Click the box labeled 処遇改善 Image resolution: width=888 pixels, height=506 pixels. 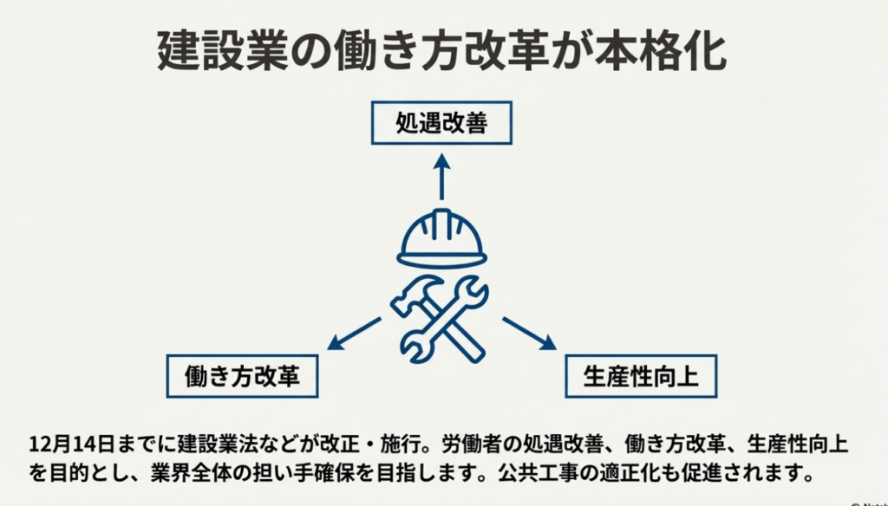[441, 123]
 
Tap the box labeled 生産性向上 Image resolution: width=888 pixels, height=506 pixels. [641, 375]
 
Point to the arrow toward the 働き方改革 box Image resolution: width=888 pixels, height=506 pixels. [353, 334]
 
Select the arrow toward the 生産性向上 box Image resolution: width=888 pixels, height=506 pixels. [528, 334]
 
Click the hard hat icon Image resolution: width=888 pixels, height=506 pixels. [441, 238]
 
